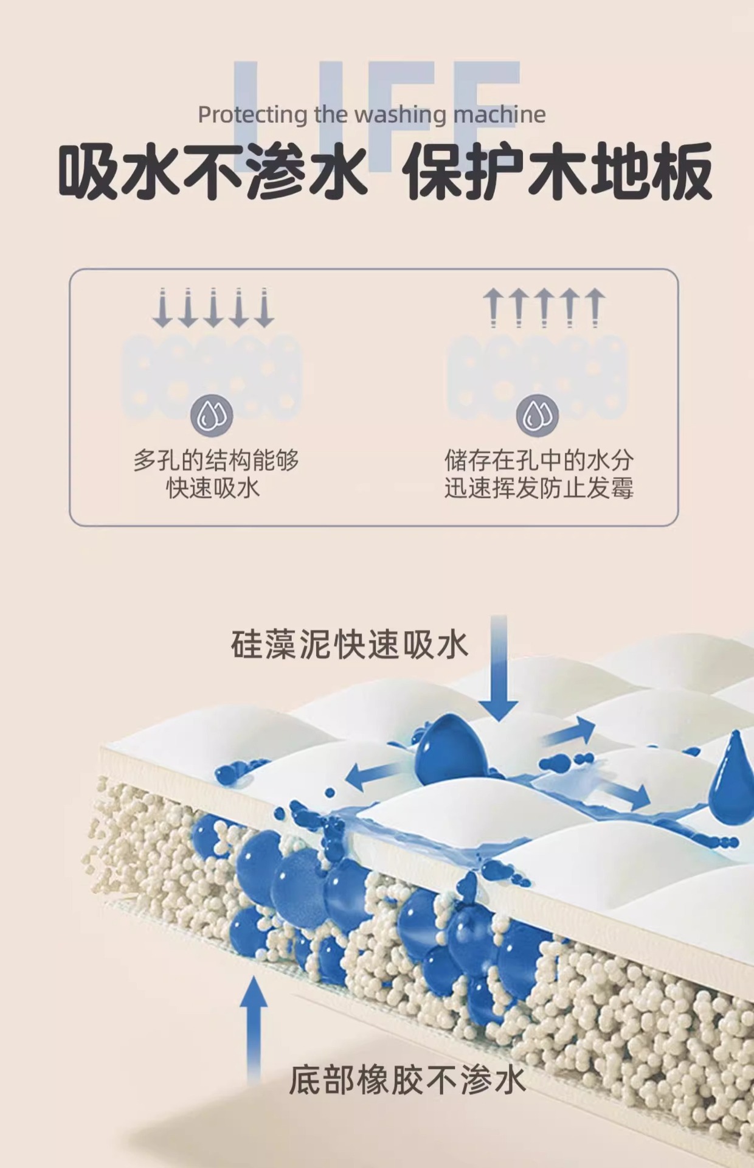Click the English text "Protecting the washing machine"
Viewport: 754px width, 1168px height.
click(372, 114)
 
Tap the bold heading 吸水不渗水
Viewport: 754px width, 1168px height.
click(212, 171)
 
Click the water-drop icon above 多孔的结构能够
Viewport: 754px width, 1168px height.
click(212, 415)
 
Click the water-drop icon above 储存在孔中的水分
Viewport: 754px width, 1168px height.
click(538, 415)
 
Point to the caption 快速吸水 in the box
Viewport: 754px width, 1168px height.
click(213, 488)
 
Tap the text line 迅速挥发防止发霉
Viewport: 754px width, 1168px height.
click(539, 488)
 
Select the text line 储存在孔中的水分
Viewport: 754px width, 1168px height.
click(539, 460)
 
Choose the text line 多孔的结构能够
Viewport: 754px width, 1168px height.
click(216, 460)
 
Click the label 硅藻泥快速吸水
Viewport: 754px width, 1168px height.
click(350, 645)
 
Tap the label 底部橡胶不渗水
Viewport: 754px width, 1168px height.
click(407, 1080)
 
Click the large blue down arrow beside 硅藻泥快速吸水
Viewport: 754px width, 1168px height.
click(499, 669)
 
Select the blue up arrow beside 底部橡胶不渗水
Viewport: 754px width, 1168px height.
click(254, 1028)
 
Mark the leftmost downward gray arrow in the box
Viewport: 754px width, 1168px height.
click(162, 308)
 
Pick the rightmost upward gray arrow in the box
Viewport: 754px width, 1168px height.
click(595, 308)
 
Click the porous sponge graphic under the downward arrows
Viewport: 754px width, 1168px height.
click(212, 371)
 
